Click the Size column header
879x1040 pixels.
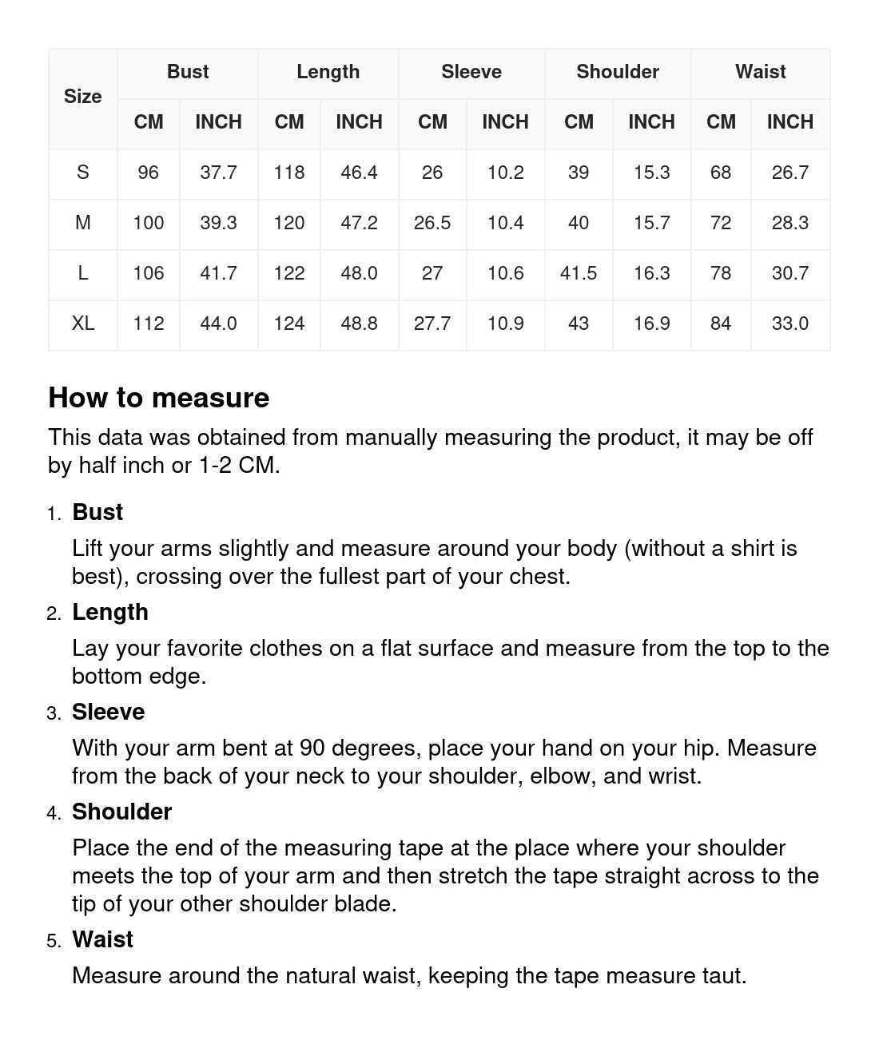point(82,97)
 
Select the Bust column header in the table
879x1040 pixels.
point(188,72)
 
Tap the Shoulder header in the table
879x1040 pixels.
point(618,72)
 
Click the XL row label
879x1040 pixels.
point(82,324)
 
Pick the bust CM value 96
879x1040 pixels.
point(148,173)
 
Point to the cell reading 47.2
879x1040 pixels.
point(359,223)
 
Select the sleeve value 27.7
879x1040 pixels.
point(432,324)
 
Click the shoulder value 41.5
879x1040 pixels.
point(579,273)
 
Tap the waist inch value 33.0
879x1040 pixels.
point(790,324)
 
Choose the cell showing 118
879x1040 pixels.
point(288,173)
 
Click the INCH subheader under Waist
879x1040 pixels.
point(790,122)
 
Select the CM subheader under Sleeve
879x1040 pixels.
point(432,122)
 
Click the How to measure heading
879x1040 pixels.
point(159,398)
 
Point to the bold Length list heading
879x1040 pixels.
point(110,612)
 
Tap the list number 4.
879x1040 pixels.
point(54,813)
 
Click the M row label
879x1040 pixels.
point(82,223)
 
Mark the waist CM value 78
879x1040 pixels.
point(720,273)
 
